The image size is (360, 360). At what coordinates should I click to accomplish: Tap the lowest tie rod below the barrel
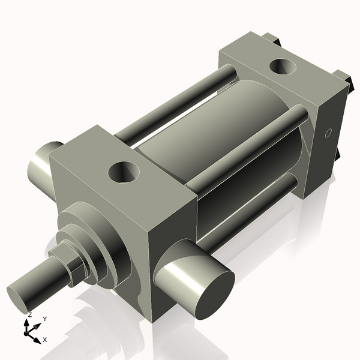click(x=252, y=204)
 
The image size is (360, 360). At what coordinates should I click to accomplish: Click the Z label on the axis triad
click(x=29, y=314)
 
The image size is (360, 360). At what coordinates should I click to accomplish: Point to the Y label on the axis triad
click(x=44, y=319)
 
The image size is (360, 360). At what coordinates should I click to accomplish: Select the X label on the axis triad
click(x=44, y=340)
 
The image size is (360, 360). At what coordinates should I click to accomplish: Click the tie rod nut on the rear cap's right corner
click(x=343, y=77)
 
